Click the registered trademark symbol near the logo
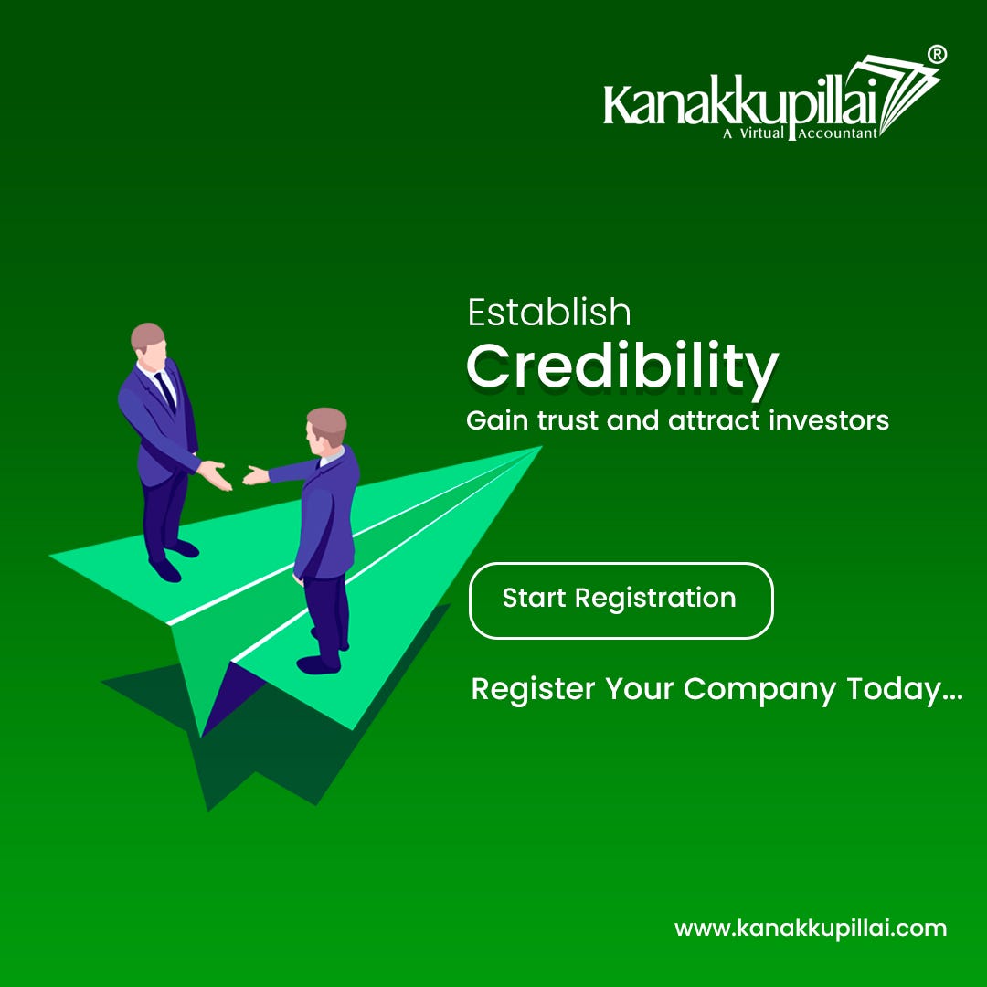937,55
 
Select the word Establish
549,313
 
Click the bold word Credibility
621,366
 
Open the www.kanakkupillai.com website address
811,929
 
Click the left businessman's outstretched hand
216,474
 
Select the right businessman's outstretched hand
256,474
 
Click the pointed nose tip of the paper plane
539,448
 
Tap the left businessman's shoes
174,559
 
